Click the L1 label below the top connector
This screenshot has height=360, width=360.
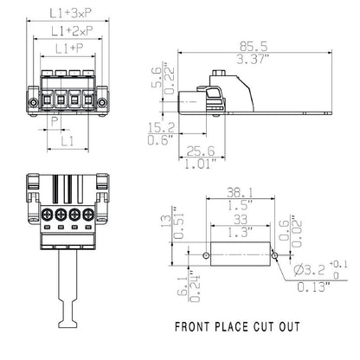click(x=67, y=140)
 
